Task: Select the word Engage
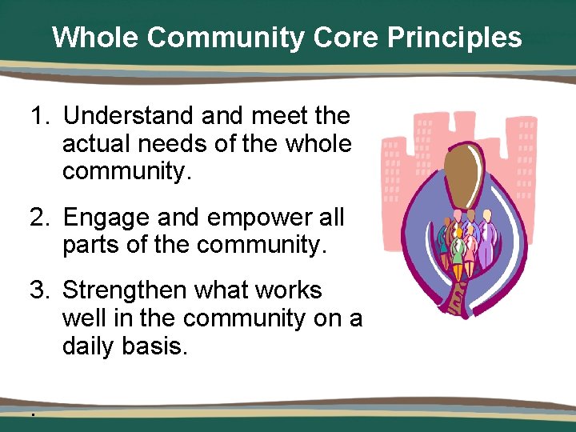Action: tap(106, 218)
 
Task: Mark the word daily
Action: tap(89, 348)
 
